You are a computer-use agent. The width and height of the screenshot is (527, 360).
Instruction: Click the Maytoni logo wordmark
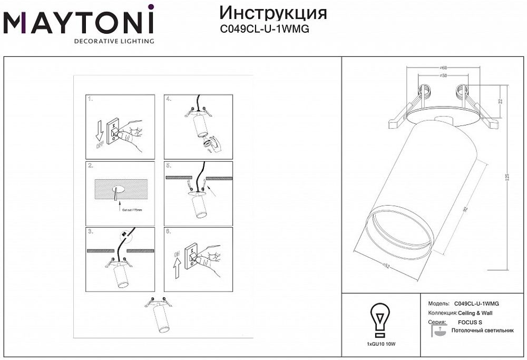(x=79, y=22)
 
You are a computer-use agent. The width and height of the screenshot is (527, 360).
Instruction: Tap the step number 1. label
(x=90, y=99)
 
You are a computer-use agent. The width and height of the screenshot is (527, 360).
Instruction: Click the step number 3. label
(x=90, y=231)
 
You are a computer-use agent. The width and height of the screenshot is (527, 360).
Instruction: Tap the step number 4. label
(x=169, y=99)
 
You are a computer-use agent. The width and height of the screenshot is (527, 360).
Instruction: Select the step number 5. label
(x=169, y=165)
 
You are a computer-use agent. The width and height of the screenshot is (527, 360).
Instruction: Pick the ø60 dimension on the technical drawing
(x=443, y=68)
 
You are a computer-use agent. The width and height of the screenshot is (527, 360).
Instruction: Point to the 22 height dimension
(x=500, y=101)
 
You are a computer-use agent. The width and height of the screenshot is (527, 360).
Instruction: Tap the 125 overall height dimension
(x=507, y=178)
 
